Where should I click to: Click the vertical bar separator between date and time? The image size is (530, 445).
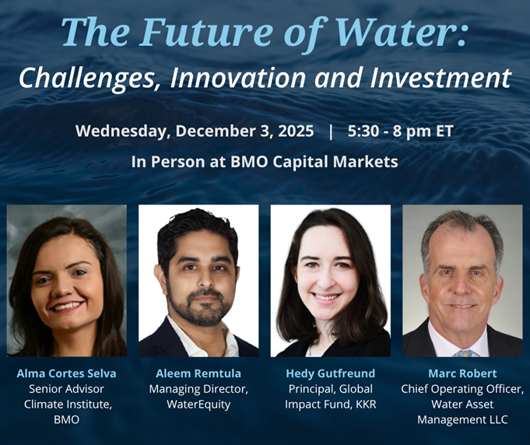tap(331, 131)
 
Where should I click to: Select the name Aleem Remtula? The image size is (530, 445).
tap(198, 373)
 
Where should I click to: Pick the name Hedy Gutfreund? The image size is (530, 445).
tap(330, 373)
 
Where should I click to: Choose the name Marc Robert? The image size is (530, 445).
tap(462, 373)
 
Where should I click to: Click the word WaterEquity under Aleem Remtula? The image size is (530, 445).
tap(198, 405)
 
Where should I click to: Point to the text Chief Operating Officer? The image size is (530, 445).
tap(462, 389)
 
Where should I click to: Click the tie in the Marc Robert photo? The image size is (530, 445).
tap(464, 352)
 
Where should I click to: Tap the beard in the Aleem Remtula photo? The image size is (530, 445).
tap(199, 307)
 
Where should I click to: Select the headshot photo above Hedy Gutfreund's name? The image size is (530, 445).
tap(330, 281)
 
